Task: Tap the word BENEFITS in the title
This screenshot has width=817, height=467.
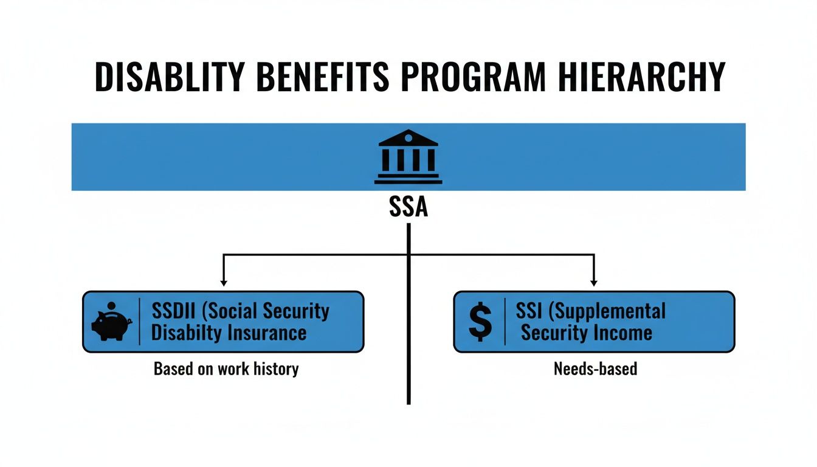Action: pyautogui.click(x=317, y=78)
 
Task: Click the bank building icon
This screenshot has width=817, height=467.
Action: pyautogui.click(x=408, y=156)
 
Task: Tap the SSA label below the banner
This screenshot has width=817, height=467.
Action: pyautogui.click(x=408, y=207)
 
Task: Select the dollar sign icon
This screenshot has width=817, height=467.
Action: pyautogui.click(x=480, y=322)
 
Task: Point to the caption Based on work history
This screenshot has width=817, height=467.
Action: pyautogui.click(x=226, y=369)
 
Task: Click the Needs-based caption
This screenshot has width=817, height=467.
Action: pyautogui.click(x=595, y=369)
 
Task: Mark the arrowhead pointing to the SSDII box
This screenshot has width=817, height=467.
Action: pyautogui.click(x=224, y=282)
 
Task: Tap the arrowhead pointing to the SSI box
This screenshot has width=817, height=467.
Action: pyautogui.click(x=594, y=282)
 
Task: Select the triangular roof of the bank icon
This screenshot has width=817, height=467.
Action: pyautogui.click(x=408, y=138)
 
